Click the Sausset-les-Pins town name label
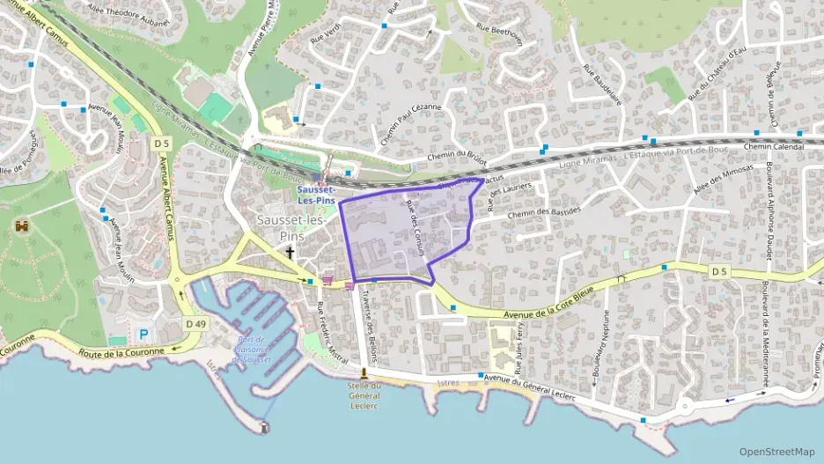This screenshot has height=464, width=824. click(x=290, y=227)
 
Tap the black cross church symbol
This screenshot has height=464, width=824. click(x=290, y=252)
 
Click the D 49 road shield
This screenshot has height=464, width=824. click(x=195, y=324)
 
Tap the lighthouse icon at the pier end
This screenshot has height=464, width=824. click(x=264, y=427)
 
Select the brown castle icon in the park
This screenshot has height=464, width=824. click(x=21, y=225)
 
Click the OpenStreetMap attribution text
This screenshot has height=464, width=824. click(x=776, y=452)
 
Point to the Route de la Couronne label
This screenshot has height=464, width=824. click(x=121, y=352)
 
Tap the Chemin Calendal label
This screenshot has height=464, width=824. click(x=775, y=147)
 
